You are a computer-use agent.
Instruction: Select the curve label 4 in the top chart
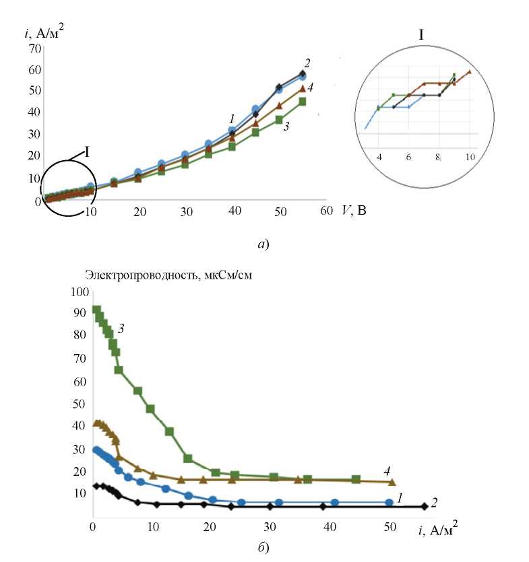310,87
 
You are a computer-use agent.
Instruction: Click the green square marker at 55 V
303,102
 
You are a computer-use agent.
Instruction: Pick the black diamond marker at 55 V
303,73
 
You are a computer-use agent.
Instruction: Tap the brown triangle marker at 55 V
303,88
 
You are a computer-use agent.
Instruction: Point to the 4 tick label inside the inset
379,156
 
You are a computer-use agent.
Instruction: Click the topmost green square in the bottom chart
96,310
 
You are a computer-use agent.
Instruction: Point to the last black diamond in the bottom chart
424,506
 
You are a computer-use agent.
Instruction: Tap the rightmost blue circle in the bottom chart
389,502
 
